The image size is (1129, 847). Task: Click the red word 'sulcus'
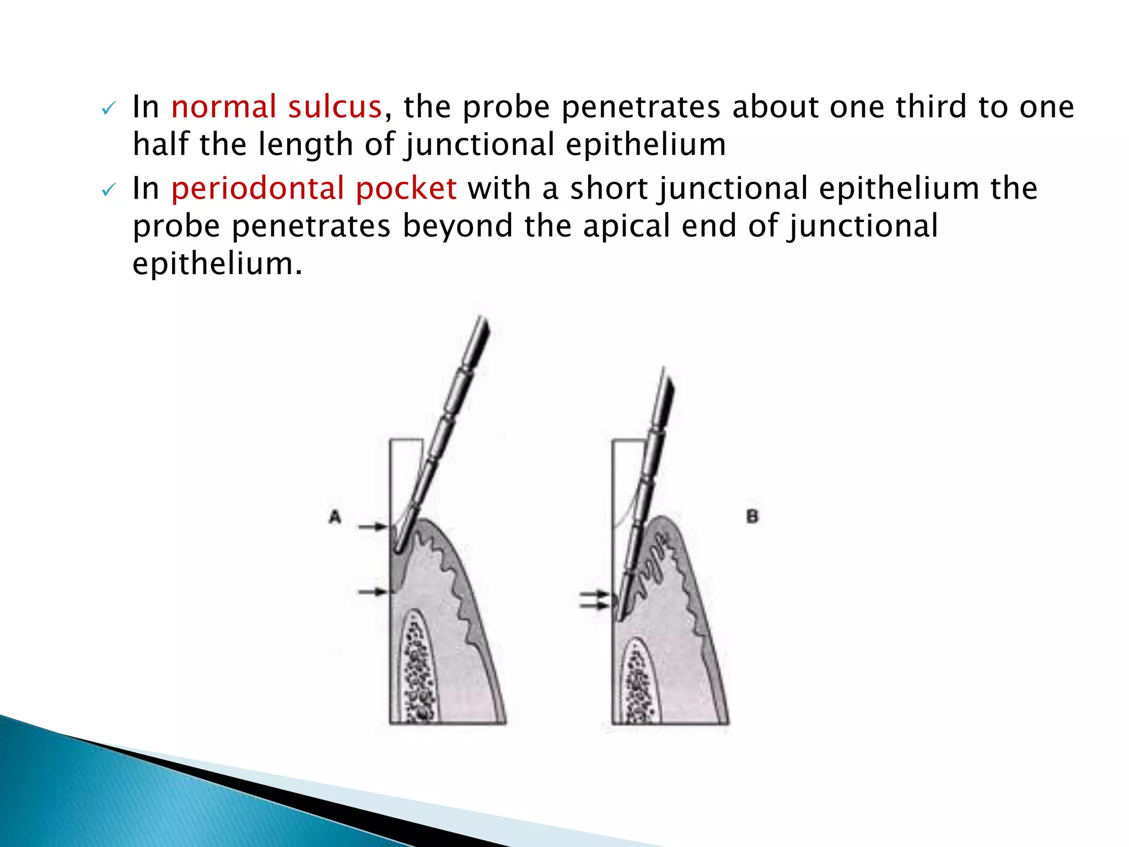[x=335, y=106]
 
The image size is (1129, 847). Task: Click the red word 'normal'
[x=223, y=106]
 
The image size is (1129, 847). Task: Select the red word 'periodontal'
[x=257, y=189]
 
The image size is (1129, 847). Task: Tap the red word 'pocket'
[x=406, y=189]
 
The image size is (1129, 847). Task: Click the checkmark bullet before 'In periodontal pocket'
[x=108, y=191]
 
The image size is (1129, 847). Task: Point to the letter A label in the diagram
[x=335, y=517]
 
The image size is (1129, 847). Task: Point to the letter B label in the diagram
[x=752, y=517]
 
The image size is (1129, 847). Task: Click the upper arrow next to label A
[x=373, y=527]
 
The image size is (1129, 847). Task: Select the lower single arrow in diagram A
[x=373, y=592]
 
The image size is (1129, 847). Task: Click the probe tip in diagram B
[x=619, y=617]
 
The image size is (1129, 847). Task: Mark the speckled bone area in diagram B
[x=639, y=684]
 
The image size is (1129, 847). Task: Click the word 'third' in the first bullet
[x=931, y=106]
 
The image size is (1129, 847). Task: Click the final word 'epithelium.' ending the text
[x=218, y=264]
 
